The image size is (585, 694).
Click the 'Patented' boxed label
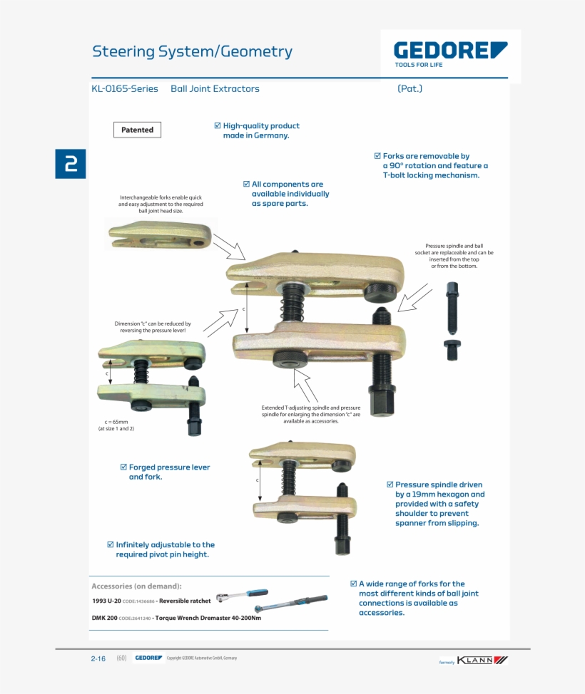[137, 130]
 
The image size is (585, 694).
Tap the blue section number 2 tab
[71, 164]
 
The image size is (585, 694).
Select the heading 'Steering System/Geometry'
[192, 51]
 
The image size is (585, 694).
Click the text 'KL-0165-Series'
[125, 89]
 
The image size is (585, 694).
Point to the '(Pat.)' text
[409, 89]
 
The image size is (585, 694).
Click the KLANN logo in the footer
[482, 660]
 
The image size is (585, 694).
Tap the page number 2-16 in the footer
[98, 658]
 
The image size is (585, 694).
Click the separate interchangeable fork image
[160, 234]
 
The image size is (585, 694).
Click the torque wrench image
[291, 604]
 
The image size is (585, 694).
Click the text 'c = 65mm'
[116, 421]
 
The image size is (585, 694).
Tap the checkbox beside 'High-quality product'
[218, 125]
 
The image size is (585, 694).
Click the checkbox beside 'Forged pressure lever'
[123, 467]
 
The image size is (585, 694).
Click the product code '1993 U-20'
[106, 601]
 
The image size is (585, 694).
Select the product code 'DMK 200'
[104, 618]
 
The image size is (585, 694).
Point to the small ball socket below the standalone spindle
[452, 349]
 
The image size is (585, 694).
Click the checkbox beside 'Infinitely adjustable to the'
[111, 544]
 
